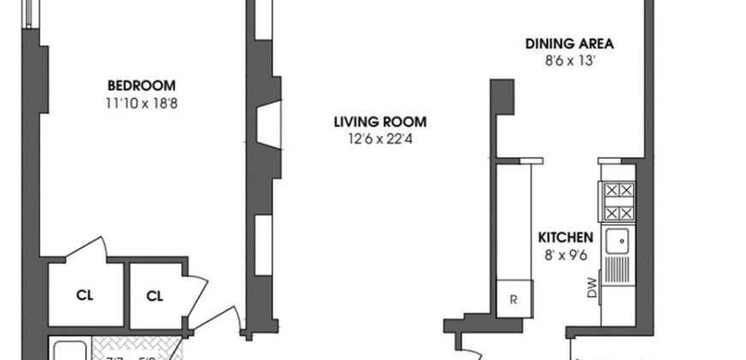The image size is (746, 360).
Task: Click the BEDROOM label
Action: pyautogui.click(x=141, y=85)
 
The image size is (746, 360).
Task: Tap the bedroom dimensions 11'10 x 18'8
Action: pyautogui.click(x=141, y=102)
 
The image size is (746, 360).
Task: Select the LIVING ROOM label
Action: pyautogui.click(x=380, y=121)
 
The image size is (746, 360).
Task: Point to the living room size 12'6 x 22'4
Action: pyautogui.click(x=380, y=138)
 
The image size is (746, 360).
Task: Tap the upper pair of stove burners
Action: pyautogui.click(x=618, y=192)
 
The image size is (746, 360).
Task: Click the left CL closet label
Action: pyautogui.click(x=84, y=296)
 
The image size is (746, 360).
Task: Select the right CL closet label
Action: pyautogui.click(x=154, y=296)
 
